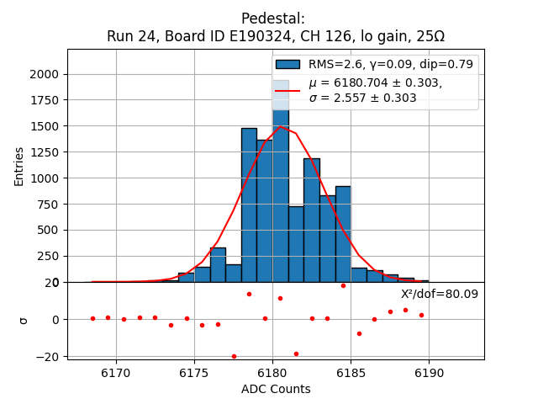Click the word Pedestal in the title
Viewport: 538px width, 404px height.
pos(272,19)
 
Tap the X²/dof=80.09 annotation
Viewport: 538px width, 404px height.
pos(439,294)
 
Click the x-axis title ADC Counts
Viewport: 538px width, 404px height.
pos(276,389)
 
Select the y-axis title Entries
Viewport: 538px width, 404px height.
pos(19,166)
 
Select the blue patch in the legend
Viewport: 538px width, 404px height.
pos(287,64)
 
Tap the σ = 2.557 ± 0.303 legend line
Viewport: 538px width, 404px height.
pos(362,98)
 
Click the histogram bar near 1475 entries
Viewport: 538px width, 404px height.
pos(249,206)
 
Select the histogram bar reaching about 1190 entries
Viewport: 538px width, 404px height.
pos(312,221)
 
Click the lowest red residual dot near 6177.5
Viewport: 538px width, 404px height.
pos(234,356)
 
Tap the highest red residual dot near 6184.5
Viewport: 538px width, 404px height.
pos(343,285)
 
